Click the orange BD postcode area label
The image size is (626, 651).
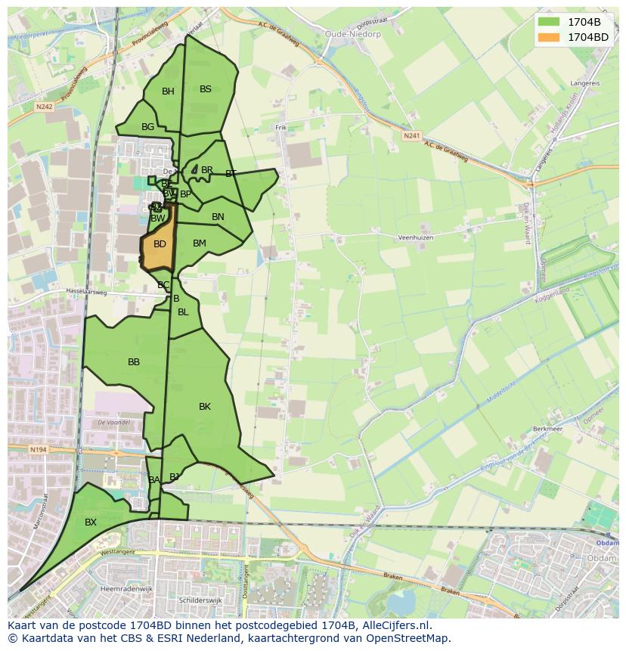pos(160,244)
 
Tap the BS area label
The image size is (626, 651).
pos(206,89)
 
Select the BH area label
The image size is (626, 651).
pos(168,91)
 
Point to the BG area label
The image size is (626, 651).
pos(147,127)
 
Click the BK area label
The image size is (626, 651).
pos(204,407)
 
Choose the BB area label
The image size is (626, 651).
pos(134,362)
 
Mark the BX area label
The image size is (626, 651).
pos(91,522)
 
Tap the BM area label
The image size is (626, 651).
pos(200,243)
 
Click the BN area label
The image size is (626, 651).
pos(218,217)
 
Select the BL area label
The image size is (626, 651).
pos(183,312)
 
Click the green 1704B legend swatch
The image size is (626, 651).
pos(550,22)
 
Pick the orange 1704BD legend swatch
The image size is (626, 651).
pos(550,36)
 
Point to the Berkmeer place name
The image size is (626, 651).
pos(549,428)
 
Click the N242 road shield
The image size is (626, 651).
pos(44,107)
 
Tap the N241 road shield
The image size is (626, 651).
pos(411,135)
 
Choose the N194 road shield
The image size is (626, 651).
pos(38,450)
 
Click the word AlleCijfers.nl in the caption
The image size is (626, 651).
pos(394,626)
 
